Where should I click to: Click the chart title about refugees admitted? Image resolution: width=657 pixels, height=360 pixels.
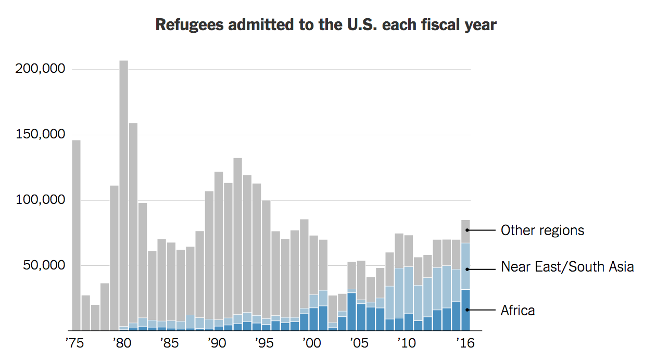click(x=326, y=25)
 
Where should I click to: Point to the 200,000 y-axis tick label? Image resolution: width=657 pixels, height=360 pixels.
click(x=40, y=69)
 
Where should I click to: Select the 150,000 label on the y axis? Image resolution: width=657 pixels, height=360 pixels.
click(x=40, y=135)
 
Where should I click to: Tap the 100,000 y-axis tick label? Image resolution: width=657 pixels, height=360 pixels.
click(x=40, y=200)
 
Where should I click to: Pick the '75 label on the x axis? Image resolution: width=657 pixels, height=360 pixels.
click(x=74, y=344)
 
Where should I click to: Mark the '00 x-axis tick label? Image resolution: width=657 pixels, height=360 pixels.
click(x=311, y=344)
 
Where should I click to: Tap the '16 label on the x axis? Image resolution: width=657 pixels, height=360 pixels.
click(x=464, y=344)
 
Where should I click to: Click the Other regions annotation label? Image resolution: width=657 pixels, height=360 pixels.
click(x=542, y=230)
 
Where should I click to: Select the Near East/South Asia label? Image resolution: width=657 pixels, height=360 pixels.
click(x=567, y=267)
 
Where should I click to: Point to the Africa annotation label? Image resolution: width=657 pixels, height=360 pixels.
click(x=517, y=311)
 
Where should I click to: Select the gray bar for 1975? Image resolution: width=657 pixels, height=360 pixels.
click(x=76, y=234)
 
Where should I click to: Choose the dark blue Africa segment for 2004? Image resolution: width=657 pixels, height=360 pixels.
click(x=352, y=312)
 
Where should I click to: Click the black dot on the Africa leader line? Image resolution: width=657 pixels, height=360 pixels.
click(x=467, y=310)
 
